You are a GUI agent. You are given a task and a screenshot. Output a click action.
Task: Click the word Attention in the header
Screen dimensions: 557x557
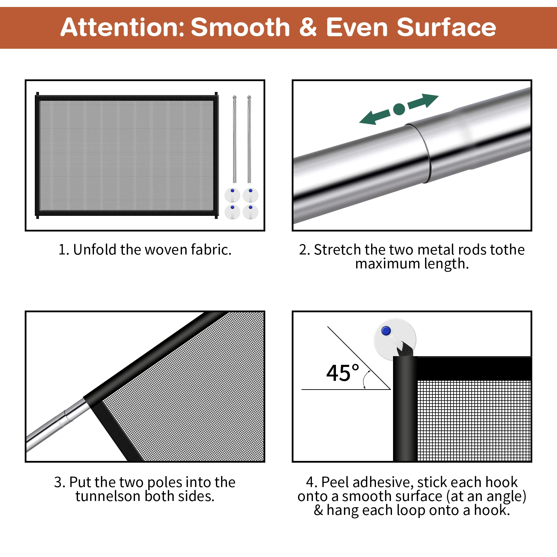pyautogui.click(x=122, y=27)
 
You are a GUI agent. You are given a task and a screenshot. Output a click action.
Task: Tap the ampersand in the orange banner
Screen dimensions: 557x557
pyautogui.click(x=308, y=27)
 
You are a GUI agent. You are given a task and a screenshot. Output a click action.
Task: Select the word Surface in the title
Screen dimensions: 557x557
pyautogui.click(x=447, y=27)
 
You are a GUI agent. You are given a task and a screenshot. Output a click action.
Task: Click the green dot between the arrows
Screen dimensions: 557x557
pyautogui.click(x=399, y=109)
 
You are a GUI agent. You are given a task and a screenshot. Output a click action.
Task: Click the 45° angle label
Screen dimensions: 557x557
pyautogui.click(x=343, y=373)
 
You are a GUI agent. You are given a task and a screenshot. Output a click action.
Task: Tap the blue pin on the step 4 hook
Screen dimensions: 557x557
pyautogui.click(x=386, y=331)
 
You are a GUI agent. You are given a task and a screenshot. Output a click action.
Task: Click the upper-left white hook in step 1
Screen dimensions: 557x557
pyautogui.click(x=232, y=195)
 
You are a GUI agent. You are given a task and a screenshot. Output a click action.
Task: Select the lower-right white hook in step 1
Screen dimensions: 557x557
pyautogui.click(x=250, y=212)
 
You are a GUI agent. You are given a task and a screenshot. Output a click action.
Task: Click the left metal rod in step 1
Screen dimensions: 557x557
pyautogui.click(x=235, y=139)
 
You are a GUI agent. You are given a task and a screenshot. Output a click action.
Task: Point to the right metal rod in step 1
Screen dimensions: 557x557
pyautogui.click(x=249, y=139)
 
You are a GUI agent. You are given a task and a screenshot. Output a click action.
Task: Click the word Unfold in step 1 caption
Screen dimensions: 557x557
pyautogui.click(x=95, y=250)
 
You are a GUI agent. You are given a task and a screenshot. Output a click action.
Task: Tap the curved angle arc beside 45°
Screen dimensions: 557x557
pyautogui.click(x=365, y=379)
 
